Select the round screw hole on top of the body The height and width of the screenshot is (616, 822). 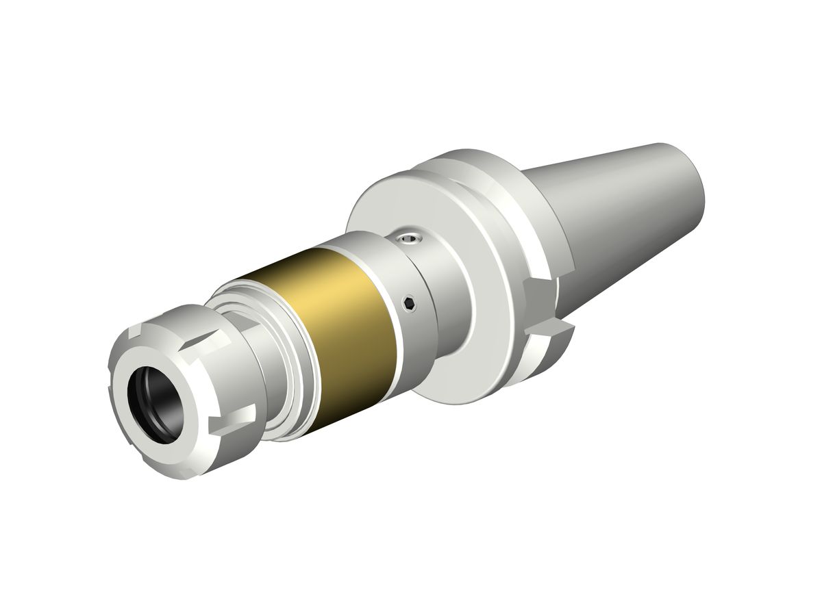410,239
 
